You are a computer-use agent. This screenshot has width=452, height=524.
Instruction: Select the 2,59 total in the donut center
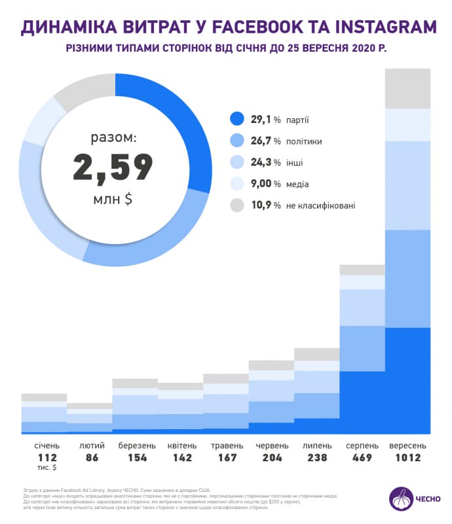tap(113, 168)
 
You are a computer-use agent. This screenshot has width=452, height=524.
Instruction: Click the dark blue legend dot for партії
tap(237, 119)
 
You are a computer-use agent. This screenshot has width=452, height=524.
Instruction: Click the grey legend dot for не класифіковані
tap(237, 205)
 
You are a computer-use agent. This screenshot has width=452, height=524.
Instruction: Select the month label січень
tap(47, 445)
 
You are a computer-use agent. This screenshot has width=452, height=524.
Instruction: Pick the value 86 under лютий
tap(92, 457)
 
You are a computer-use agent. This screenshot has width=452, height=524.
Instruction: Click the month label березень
tap(137, 445)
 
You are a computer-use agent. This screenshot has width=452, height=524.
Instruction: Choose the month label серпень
tap(362, 445)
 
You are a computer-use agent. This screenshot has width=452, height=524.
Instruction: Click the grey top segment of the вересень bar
tap(407, 88)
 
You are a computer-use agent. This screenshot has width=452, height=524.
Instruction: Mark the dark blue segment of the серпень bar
tap(362, 402)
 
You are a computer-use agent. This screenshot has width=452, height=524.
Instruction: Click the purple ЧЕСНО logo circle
tap(401, 500)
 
